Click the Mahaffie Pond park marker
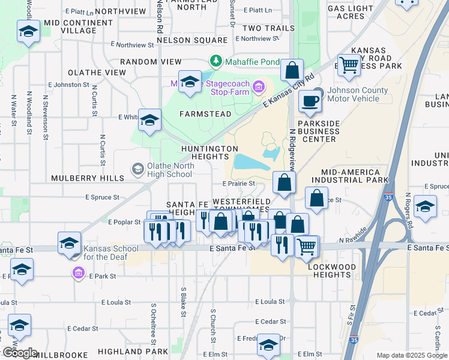[x=215, y=61]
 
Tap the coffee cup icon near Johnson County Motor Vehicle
[x=310, y=101]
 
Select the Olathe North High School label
[x=162, y=170]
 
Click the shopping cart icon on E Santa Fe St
[x=307, y=245]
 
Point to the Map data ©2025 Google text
[x=411, y=355]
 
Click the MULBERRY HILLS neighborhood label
[x=87, y=178]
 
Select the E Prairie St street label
[x=239, y=184]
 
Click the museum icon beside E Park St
[x=78, y=274]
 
